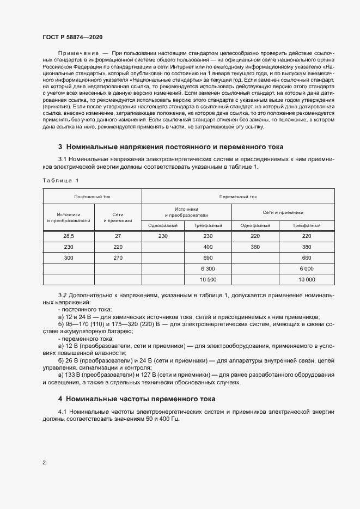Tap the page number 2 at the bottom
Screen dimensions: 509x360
point(44,463)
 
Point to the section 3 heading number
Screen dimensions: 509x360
point(60,147)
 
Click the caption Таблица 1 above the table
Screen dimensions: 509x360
point(60,180)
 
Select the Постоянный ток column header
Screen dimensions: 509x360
point(92,197)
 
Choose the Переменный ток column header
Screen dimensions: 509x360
point(237,197)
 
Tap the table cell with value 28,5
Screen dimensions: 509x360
point(69,236)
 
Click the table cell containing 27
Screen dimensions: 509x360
point(118,236)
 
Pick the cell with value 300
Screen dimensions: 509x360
point(69,257)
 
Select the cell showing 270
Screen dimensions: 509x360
point(118,257)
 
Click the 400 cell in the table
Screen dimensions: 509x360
point(208,247)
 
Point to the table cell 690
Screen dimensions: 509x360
point(208,257)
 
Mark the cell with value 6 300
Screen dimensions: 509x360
point(208,268)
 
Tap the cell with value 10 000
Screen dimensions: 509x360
point(306,279)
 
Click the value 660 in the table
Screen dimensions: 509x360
point(306,257)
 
